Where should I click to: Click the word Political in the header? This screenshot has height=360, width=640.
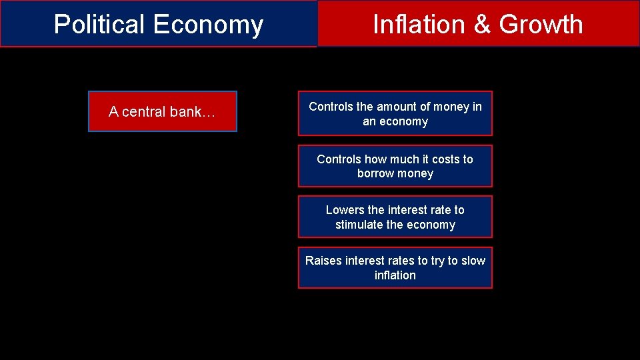click(x=100, y=25)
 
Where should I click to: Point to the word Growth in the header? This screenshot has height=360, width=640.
click(x=541, y=25)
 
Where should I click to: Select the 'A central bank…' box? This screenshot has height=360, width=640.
click(x=163, y=111)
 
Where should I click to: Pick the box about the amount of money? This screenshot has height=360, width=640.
click(x=395, y=113)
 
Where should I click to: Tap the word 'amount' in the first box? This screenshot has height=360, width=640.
click(x=397, y=107)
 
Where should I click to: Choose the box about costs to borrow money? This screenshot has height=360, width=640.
click(x=395, y=166)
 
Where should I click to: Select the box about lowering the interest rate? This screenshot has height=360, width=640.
click(x=395, y=217)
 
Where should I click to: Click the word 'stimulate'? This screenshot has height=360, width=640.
click(x=359, y=225)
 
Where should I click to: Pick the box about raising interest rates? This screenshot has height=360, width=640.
click(x=395, y=268)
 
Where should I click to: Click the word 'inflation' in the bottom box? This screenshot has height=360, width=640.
click(x=395, y=275)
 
